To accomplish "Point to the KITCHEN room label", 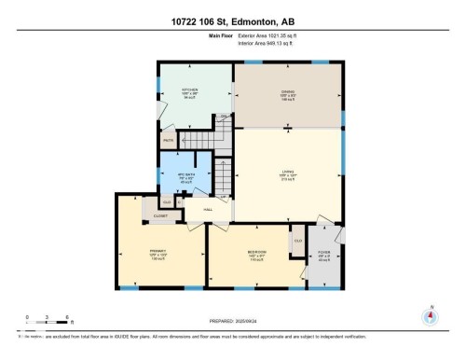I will point(189,91).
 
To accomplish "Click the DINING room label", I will point(287,92).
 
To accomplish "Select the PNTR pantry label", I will point(169,141).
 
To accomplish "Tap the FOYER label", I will point(324,254).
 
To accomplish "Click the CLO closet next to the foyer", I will point(298,241).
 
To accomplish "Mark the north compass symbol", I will point(430,315).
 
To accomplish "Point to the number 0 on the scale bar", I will point(28,318).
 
